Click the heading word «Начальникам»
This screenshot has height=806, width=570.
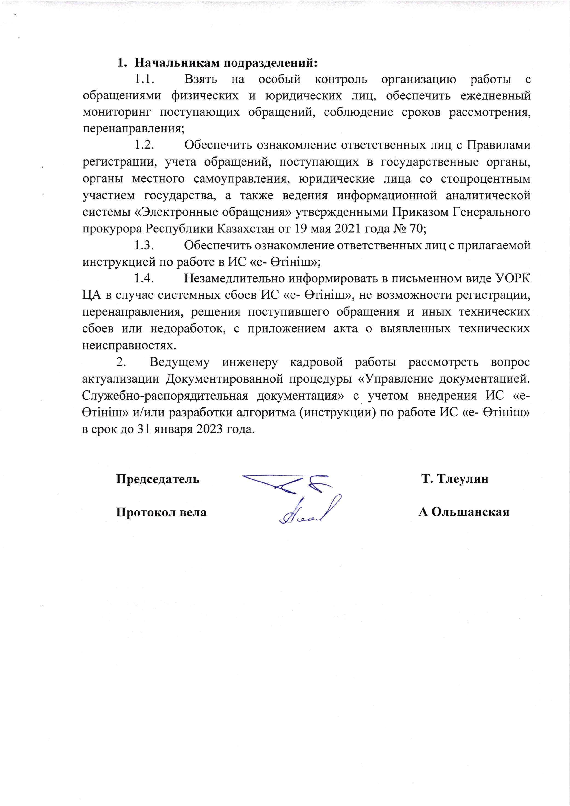point(177,63)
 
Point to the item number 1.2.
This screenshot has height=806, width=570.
point(145,145)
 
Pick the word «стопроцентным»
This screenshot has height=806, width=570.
point(485,179)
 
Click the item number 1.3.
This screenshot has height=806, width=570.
point(145,245)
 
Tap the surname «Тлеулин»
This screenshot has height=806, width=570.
point(463,479)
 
